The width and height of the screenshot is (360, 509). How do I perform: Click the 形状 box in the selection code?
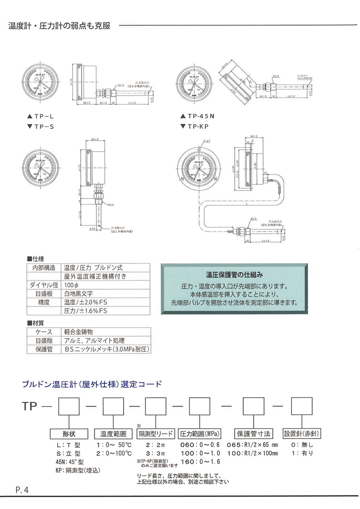(69, 434)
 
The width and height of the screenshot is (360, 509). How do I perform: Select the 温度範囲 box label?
(113, 434)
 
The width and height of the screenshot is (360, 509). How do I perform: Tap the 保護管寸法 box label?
(254, 434)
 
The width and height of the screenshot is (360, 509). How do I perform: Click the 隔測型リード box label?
(156, 434)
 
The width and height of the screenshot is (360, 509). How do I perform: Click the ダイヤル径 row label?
(44, 285)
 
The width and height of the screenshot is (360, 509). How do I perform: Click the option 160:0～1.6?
(200, 461)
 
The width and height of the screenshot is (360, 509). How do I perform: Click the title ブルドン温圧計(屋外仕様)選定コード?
(92, 385)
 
